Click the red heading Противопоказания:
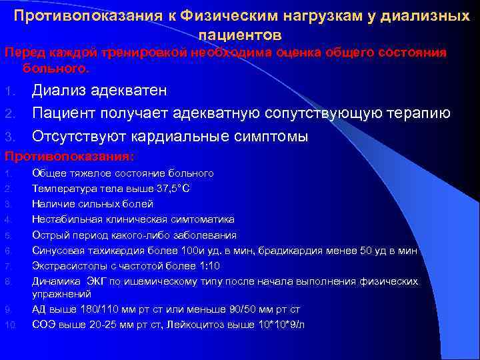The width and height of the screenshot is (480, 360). click(70, 157)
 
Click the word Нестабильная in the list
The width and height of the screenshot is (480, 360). click(64, 219)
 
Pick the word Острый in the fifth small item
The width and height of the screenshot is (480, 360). click(49, 235)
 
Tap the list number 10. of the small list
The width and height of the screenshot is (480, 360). click(10, 325)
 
